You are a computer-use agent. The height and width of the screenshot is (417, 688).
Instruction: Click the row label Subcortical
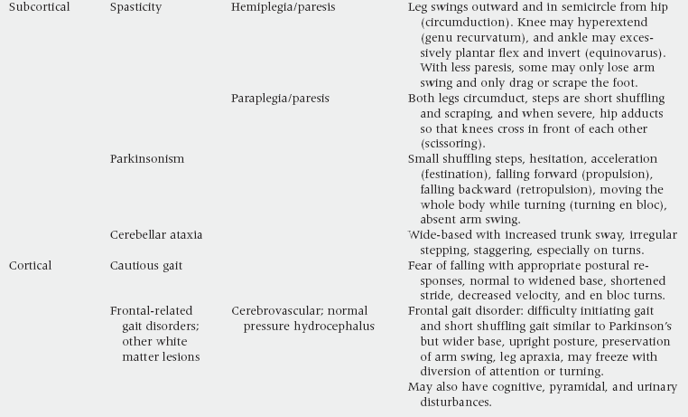tap(40, 7)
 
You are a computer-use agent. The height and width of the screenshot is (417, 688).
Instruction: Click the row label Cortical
tap(31, 265)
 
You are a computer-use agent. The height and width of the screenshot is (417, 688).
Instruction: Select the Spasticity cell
tap(136, 7)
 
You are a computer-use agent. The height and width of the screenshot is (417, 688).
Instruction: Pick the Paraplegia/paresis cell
tap(280, 98)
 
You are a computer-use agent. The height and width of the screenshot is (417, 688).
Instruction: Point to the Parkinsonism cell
tap(147, 158)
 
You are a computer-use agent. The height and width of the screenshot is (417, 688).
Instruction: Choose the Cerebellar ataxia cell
tap(156, 234)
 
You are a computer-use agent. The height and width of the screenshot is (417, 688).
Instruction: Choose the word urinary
tap(651, 387)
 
